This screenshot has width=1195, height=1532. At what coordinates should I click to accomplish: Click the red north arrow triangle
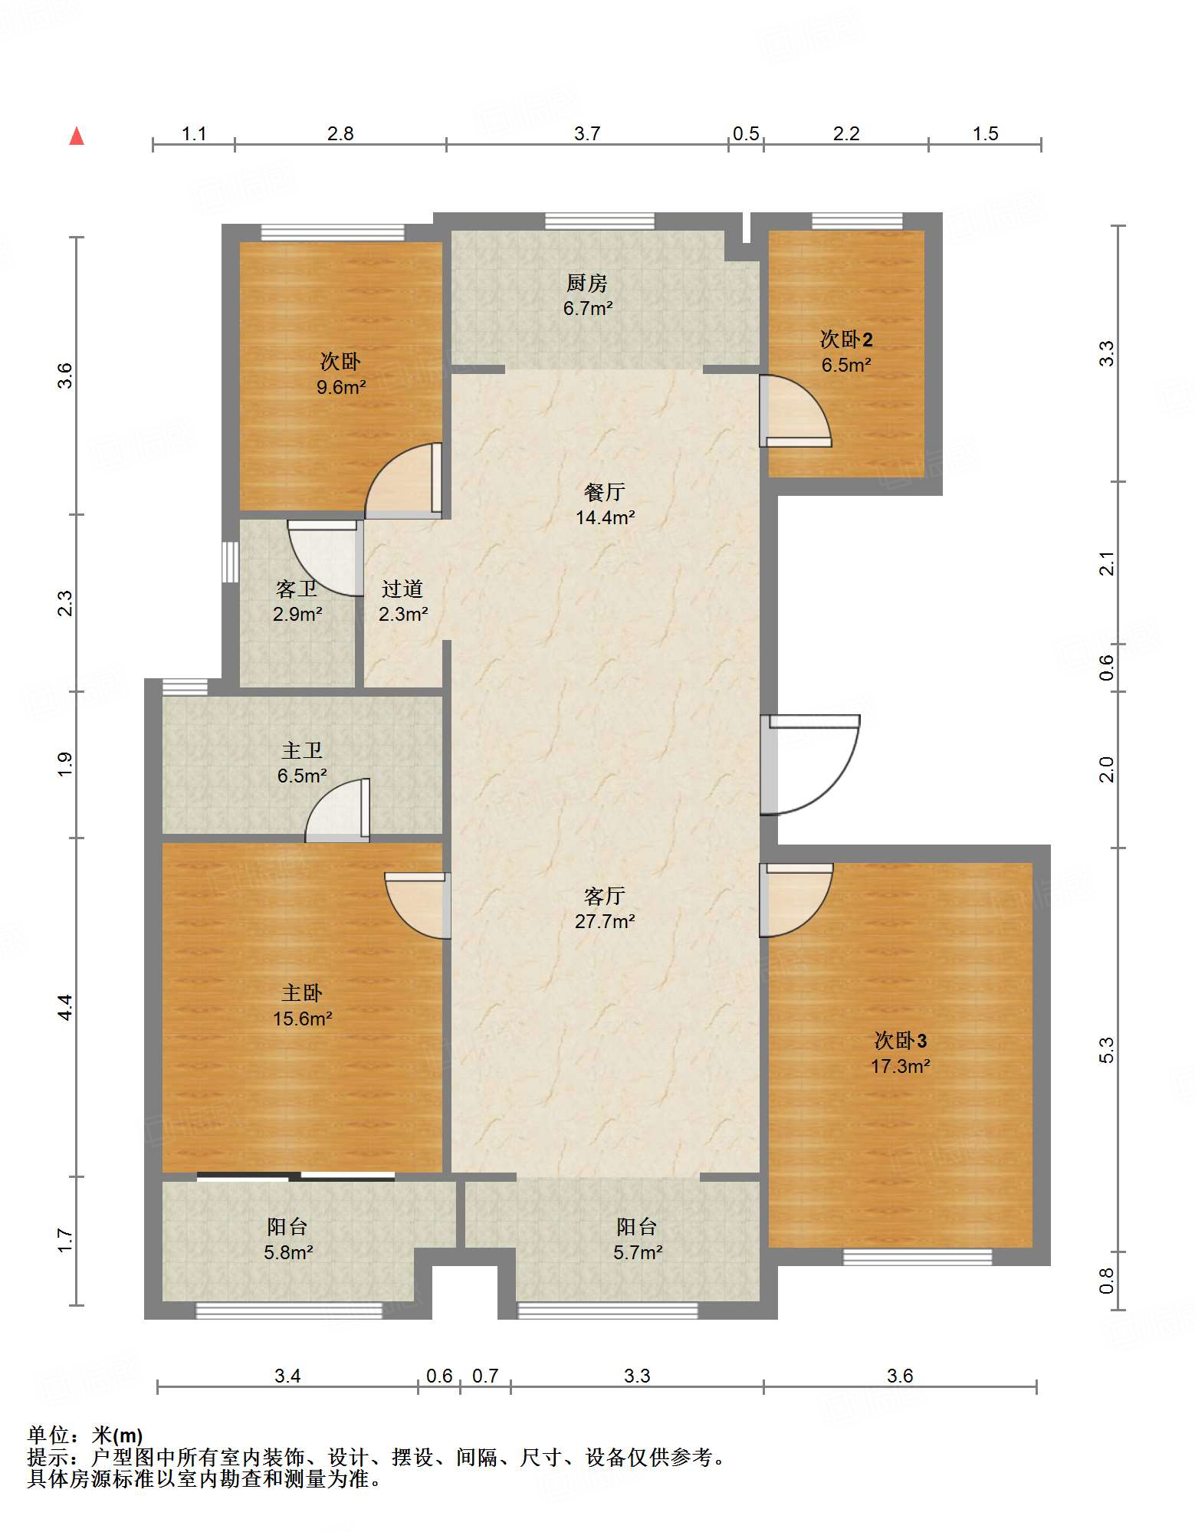pyautogui.click(x=77, y=136)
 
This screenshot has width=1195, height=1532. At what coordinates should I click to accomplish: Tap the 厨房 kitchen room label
pyautogui.click(x=587, y=284)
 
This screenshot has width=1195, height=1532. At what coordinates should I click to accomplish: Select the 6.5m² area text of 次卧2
pyautogui.click(x=846, y=365)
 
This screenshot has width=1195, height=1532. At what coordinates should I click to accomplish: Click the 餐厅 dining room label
pyautogui.click(x=605, y=492)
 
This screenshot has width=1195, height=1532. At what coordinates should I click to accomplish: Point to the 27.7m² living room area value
pyautogui.click(x=605, y=921)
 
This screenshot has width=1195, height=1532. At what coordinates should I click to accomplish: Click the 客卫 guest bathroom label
pyautogui.click(x=297, y=589)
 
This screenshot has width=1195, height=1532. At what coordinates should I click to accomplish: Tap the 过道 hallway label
pyautogui.click(x=402, y=589)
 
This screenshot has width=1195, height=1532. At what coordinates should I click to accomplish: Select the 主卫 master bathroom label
pyautogui.click(x=302, y=750)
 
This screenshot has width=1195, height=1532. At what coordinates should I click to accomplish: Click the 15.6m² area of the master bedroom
pyautogui.click(x=302, y=1019)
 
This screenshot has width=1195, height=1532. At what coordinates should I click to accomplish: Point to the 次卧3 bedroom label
pyautogui.click(x=901, y=1041)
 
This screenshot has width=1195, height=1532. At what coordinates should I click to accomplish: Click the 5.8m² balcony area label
pyautogui.click(x=288, y=1252)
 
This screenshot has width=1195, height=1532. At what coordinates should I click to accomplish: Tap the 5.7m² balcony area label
pyautogui.click(x=637, y=1252)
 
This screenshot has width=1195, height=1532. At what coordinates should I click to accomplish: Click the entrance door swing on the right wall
pyautogui.click(x=810, y=764)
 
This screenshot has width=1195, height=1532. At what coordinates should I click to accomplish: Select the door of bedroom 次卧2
pyautogui.click(x=796, y=411)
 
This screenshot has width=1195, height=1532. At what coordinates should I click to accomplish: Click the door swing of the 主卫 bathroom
pyautogui.click(x=338, y=810)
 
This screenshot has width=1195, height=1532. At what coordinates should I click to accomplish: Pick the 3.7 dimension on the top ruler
pyautogui.click(x=587, y=133)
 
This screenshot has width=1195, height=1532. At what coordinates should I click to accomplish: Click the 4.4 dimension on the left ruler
pyautogui.click(x=66, y=1007)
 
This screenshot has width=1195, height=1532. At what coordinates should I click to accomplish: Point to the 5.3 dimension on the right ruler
pyautogui.click(x=1107, y=1050)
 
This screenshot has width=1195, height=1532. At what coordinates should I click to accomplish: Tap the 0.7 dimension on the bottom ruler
pyautogui.click(x=485, y=1376)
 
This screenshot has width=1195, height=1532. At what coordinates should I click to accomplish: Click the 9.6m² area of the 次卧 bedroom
pyautogui.click(x=341, y=387)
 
